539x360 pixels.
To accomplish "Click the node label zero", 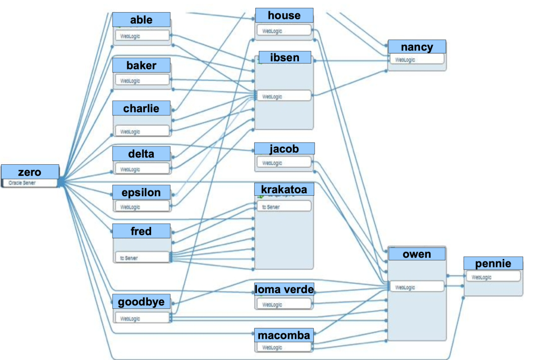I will click(x=29, y=172).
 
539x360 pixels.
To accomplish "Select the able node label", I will click(x=141, y=20).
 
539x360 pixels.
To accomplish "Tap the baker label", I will click(x=141, y=65).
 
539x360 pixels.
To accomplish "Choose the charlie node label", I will click(x=141, y=108).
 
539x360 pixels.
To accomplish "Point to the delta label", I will click(x=141, y=154).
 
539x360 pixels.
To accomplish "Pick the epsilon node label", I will click(x=141, y=192).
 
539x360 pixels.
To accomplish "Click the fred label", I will click(x=141, y=231).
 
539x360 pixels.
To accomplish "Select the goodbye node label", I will click(x=141, y=302).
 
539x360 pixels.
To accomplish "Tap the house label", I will click(x=284, y=15).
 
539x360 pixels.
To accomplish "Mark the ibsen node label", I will click(x=284, y=57).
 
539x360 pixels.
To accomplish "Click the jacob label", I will click(x=284, y=148).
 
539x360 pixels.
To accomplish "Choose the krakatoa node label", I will click(x=284, y=188).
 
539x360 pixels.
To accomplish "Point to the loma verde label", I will click(x=284, y=289).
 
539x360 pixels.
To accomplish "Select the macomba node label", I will click(x=284, y=335).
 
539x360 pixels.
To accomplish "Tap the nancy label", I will click(x=417, y=47).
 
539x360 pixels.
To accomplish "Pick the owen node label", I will click(x=416, y=254).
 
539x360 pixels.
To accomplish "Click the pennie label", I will click(x=493, y=263).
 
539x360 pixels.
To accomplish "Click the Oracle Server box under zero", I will click(x=29, y=183).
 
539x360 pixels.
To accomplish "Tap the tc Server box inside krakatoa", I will click(x=284, y=206).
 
